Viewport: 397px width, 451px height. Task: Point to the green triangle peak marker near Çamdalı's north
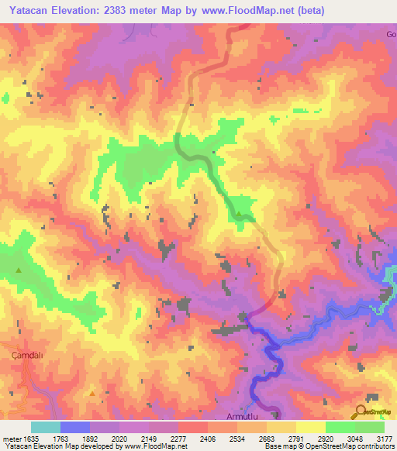coord(18,270)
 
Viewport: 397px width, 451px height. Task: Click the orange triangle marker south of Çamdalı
coord(92,393)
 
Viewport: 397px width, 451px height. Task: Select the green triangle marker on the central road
coord(239,214)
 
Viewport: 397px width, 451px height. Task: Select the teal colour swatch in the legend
coord(46,427)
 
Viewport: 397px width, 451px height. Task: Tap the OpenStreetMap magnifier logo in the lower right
coord(361,411)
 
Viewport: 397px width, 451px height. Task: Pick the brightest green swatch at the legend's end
coord(369,427)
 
